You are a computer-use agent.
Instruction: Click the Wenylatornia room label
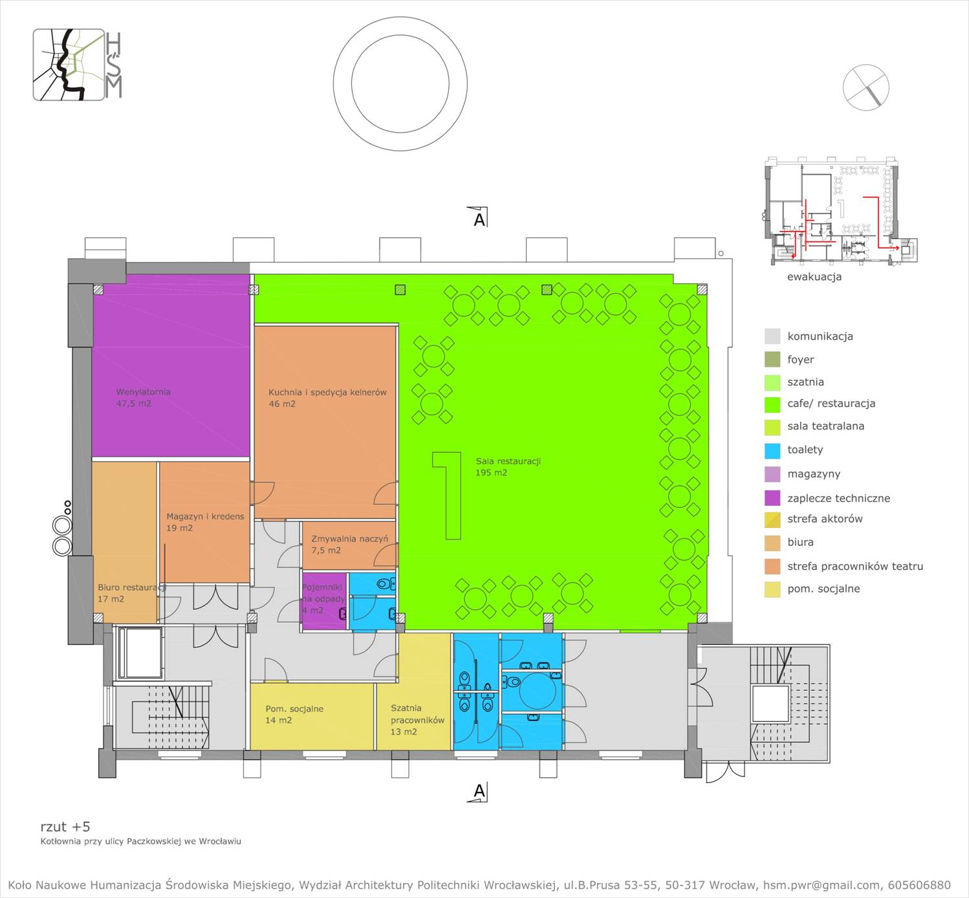[x=143, y=392]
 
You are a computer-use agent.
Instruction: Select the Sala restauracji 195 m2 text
[x=508, y=466]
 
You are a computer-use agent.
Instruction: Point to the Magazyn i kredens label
[x=205, y=516]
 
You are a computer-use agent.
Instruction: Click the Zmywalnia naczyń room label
[x=349, y=539]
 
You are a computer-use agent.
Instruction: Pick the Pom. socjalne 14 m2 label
[x=294, y=714]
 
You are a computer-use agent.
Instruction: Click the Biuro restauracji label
[x=132, y=587]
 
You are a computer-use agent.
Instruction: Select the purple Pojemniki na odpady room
[x=324, y=601]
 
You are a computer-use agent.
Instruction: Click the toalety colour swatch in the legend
[x=772, y=450]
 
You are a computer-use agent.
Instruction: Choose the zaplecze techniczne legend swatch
[x=772, y=498]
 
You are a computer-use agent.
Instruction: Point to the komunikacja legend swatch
[x=772, y=336]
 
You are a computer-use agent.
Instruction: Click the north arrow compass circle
[x=866, y=87]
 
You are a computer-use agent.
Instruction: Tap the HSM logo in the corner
[x=77, y=65]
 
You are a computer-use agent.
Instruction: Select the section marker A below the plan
[x=479, y=792]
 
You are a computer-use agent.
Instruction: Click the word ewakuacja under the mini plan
[x=814, y=277]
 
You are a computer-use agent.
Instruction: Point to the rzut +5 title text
[x=65, y=827]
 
